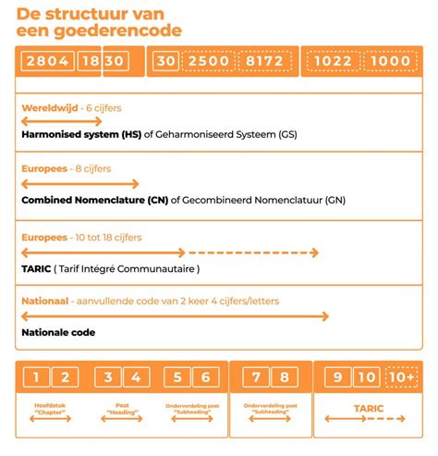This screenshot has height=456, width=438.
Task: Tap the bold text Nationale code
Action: click(x=58, y=332)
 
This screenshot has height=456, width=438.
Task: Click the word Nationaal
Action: click(x=45, y=302)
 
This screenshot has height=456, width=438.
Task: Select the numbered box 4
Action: click(x=136, y=376)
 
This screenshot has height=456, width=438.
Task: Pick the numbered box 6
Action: click(x=206, y=376)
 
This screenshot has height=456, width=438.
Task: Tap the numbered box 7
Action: click(x=258, y=376)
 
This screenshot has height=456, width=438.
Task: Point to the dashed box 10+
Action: click(x=401, y=376)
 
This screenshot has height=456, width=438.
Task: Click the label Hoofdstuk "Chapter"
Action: click(x=50, y=406)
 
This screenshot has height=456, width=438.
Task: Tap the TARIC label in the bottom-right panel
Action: click(x=368, y=406)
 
